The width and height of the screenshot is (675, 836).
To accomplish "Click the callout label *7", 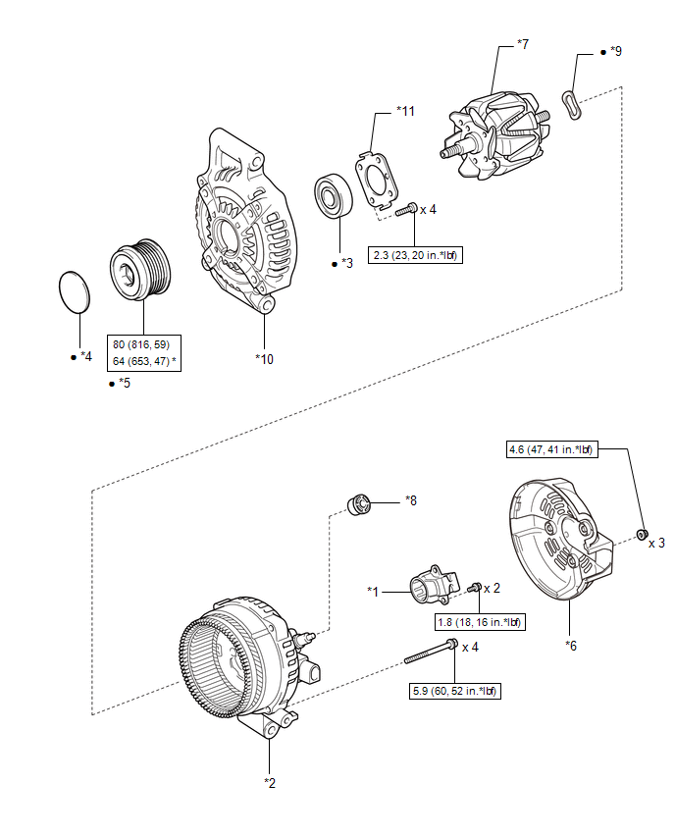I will point(524,44).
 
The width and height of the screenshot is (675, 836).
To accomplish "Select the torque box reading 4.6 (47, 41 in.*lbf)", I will point(550,450).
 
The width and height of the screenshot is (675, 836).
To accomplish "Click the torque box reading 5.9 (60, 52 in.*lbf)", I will point(452,691).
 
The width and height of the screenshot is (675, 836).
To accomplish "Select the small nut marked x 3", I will point(641,535).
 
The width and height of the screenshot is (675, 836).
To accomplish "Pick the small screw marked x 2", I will point(475,587).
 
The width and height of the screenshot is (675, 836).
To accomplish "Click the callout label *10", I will point(264,358).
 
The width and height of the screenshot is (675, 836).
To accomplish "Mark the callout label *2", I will point(270,782).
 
